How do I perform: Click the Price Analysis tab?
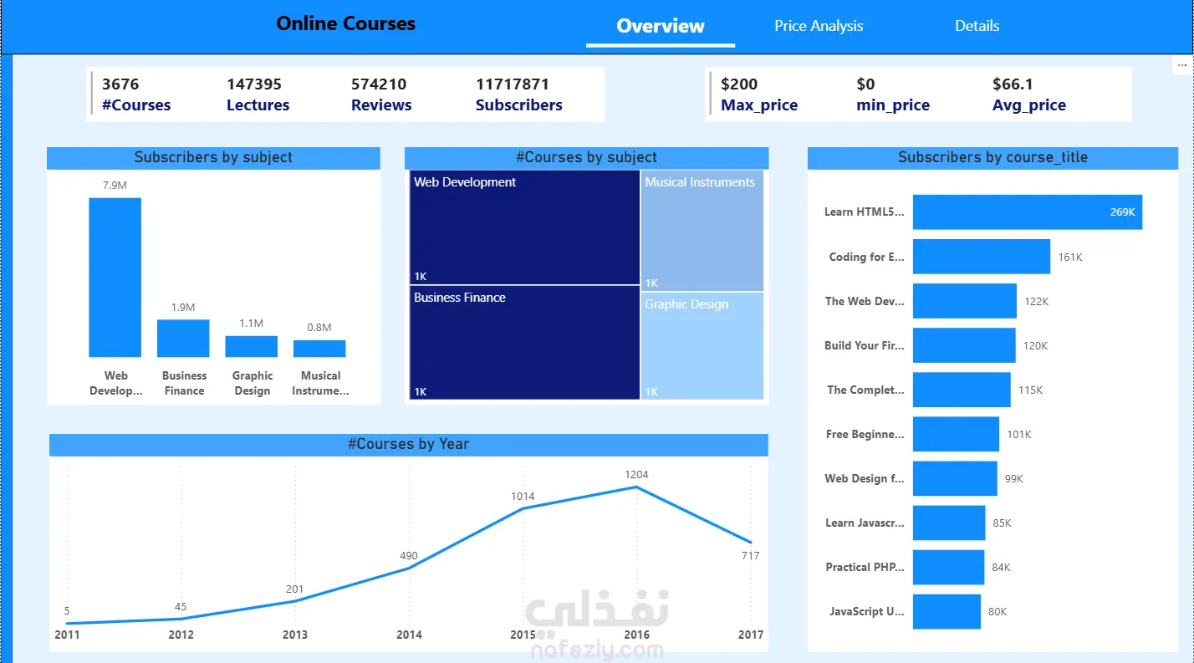[819, 26]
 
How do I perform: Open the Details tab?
[977, 26]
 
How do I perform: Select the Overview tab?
[661, 26]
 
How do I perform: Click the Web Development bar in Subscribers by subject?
[115, 277]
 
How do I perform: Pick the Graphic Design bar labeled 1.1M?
[251, 346]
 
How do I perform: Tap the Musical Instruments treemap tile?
[702, 230]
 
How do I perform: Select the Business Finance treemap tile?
[524, 342]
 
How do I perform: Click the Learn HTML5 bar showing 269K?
[1027, 212]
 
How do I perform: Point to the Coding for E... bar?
[982, 257]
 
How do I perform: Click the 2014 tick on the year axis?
[409, 635]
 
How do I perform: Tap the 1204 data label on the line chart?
[636, 474]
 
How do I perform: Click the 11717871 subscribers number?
[513, 84]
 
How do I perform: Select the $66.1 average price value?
[1013, 84]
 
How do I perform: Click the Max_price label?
[759, 105]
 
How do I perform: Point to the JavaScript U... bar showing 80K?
[947, 612]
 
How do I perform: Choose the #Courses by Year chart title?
[408, 444]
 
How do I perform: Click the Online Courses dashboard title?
[345, 23]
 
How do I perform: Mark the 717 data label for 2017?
[750, 555]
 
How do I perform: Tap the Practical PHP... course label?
[865, 567]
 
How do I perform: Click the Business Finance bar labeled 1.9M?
[183, 339]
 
